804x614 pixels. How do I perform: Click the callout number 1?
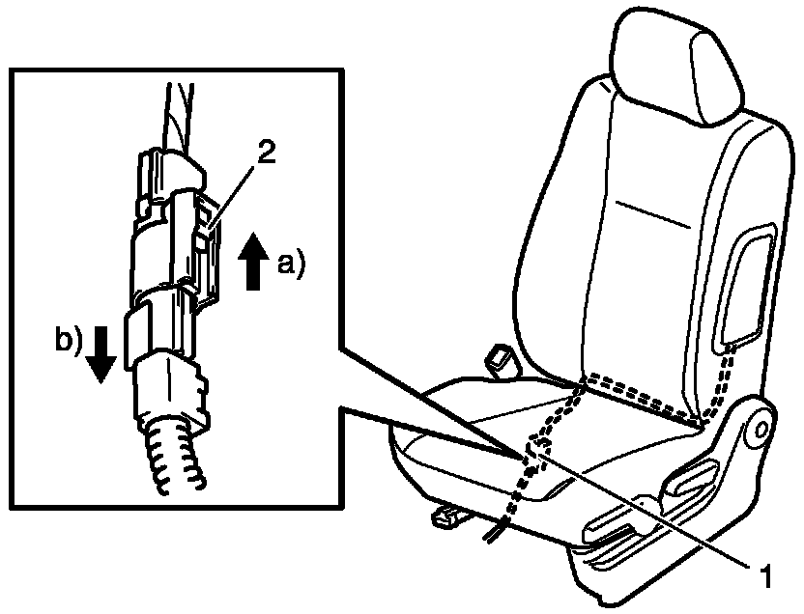(x=763, y=577)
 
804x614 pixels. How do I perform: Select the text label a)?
(x=289, y=263)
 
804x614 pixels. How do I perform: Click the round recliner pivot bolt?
(x=759, y=427)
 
